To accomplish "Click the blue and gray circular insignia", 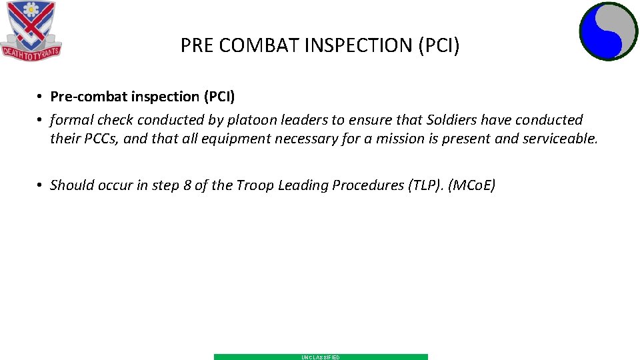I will [608, 31].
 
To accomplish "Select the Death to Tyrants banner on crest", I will [31, 51].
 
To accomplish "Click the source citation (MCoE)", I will [471, 185].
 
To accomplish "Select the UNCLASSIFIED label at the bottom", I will [321, 357].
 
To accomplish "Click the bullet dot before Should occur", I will [41, 185].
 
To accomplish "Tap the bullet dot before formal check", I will [41, 120].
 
